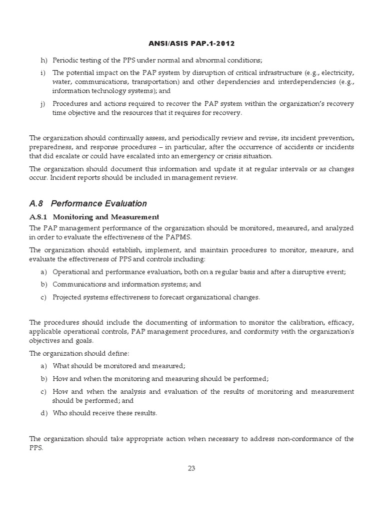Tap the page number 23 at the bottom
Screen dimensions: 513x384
point(191,468)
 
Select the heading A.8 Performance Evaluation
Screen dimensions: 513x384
point(88,203)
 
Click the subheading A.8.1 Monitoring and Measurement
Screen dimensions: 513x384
point(94,217)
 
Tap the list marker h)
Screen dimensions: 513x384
point(43,60)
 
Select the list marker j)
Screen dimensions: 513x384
point(43,104)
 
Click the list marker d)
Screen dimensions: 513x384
point(43,413)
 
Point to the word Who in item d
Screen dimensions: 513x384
point(60,413)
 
